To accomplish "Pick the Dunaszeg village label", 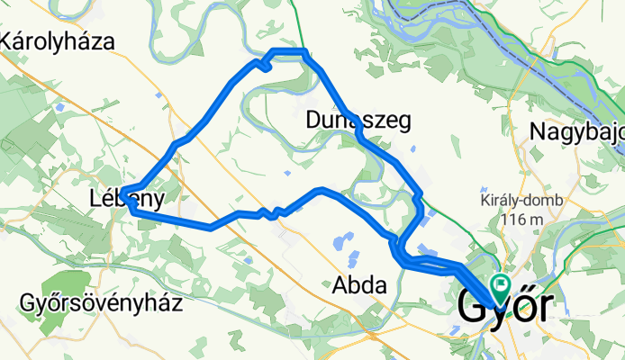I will [358, 119].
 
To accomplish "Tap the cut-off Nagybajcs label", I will [576, 131].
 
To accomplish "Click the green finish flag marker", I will [501, 283].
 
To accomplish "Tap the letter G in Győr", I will [475, 306].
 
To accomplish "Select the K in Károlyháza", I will [10, 40].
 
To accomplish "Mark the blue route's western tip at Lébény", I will [121, 191].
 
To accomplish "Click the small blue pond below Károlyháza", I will [59, 107].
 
